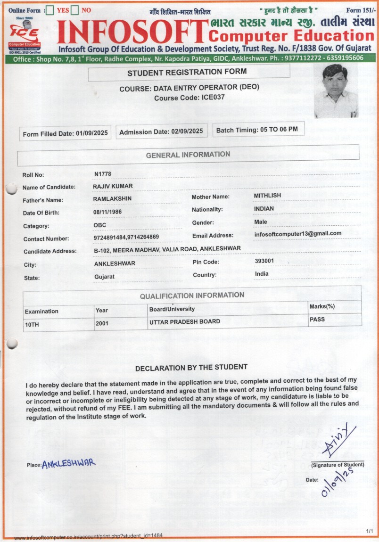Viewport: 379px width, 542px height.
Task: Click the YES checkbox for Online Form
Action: coord(50,10)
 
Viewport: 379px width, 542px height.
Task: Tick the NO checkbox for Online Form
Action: coord(75,10)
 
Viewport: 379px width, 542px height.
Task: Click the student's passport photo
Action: coord(336,90)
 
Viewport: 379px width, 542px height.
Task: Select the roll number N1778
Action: coord(103,174)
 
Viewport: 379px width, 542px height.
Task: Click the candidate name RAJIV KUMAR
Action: coord(113,186)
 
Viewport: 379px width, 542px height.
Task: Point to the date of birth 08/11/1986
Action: coord(107,212)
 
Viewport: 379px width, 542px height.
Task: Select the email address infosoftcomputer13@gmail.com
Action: coord(297,234)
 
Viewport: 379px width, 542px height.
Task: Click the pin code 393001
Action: coord(264,261)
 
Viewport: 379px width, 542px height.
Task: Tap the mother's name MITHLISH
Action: coord(267,195)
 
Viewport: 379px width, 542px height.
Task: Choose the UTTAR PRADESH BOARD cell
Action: coord(184,322)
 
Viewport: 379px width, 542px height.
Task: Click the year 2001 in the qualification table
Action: coord(102,324)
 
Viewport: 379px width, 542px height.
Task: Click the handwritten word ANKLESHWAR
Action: coord(69,463)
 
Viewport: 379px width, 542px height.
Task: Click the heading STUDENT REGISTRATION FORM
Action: coord(187,72)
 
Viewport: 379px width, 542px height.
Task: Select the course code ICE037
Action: coord(212,98)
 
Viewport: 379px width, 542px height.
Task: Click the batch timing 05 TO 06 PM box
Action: coord(258,129)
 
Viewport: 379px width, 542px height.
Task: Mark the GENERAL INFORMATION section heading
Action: coord(188,155)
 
